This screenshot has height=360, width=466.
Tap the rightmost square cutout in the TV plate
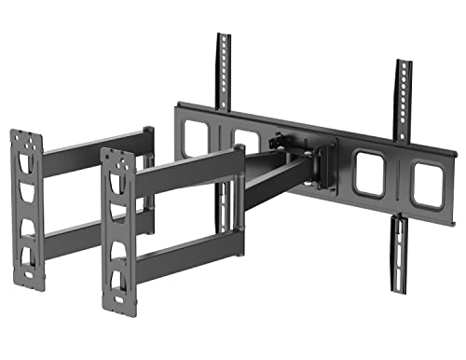click(x=428, y=185)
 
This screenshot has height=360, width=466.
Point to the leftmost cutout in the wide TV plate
click(x=197, y=139)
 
